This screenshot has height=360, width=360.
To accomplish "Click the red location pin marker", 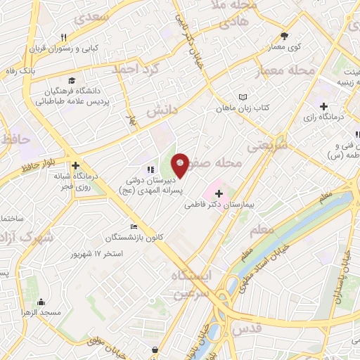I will pos(180,164).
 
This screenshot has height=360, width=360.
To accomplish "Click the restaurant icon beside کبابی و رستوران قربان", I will pos(63,37).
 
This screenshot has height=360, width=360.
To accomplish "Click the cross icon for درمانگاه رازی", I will pos(323,106).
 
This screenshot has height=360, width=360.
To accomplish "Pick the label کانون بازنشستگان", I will pos(132,237).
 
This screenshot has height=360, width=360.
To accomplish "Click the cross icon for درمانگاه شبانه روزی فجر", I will pos(75,166).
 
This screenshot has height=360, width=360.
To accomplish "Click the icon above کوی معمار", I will pos(285,36).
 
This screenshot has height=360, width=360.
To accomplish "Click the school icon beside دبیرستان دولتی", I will pos(150,169).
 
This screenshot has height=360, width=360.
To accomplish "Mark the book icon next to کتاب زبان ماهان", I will pos(243,96).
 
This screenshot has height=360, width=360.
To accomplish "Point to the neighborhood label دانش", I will pos(163,110).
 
